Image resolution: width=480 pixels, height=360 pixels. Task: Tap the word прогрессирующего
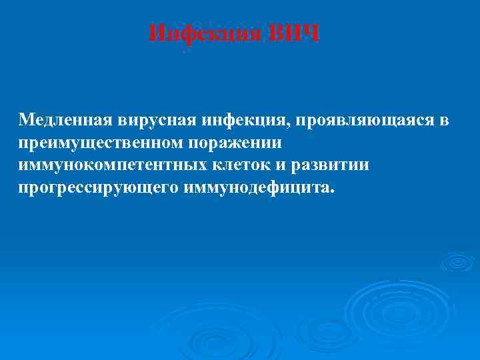[x=98, y=187]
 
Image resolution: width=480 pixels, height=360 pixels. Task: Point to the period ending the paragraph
[x=327, y=192]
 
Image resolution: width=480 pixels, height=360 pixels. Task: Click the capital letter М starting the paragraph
[x=26, y=121]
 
